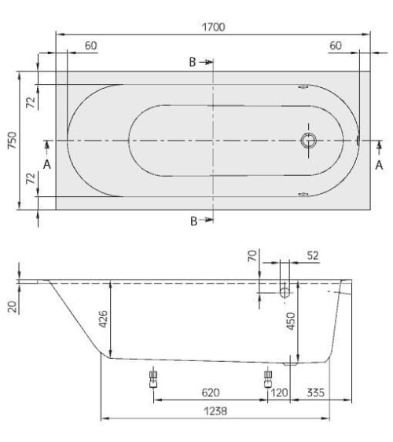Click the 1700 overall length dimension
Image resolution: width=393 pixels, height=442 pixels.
(214, 27)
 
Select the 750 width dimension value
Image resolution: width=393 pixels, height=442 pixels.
(12, 141)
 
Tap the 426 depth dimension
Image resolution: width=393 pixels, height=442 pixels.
(104, 319)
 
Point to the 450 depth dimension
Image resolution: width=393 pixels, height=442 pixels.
(291, 321)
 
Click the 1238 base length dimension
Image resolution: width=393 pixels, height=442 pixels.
(215, 411)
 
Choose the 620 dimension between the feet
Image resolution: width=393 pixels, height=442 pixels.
(211, 393)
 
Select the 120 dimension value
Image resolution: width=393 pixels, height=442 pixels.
(279, 393)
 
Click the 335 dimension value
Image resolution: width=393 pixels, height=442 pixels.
(316, 393)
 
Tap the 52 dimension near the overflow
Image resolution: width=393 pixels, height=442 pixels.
(313, 256)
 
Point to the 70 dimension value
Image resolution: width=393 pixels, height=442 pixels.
(252, 256)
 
